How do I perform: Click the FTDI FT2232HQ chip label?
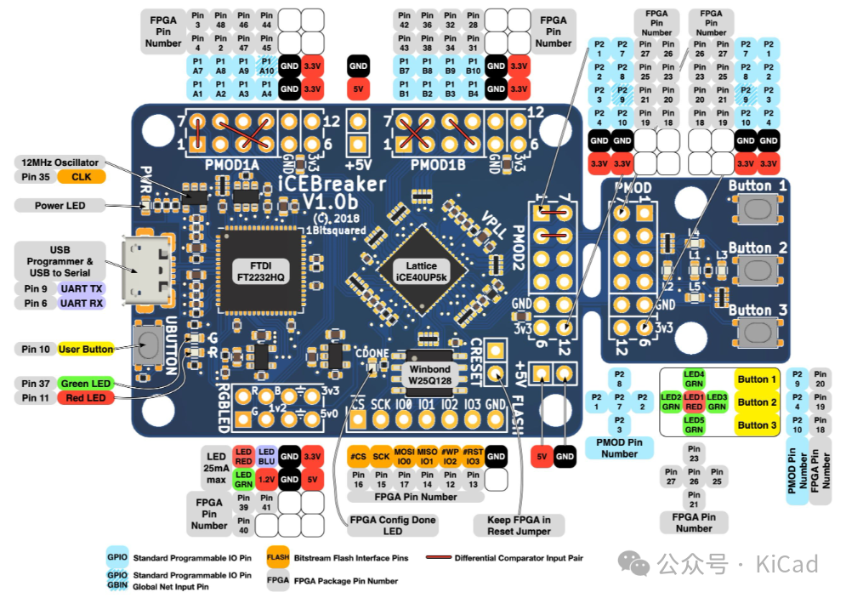(261, 271)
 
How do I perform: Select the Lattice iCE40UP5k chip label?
(421, 271)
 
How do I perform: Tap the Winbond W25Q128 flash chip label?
(430, 375)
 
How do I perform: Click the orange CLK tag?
(82, 177)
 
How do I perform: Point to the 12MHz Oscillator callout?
(60, 162)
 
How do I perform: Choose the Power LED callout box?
(60, 205)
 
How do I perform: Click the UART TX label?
(82, 288)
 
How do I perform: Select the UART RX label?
(82, 303)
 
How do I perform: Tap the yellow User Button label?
(86, 349)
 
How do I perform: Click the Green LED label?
(85, 384)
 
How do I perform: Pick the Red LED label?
(85, 398)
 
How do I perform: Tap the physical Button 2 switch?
(758, 271)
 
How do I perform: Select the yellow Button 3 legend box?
(757, 424)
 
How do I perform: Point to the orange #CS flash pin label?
(358, 456)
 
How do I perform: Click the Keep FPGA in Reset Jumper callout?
(519, 525)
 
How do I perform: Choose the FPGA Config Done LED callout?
(392, 525)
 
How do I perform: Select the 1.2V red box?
(266, 478)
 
